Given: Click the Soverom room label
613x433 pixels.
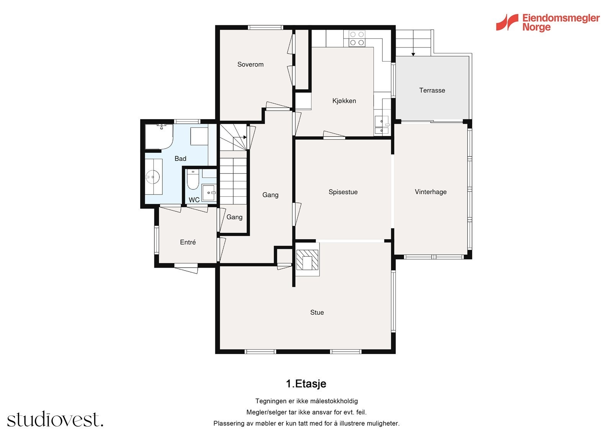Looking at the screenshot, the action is (x=251, y=64).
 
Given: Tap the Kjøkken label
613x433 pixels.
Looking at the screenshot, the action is (x=344, y=101).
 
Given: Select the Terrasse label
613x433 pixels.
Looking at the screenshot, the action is (x=432, y=90).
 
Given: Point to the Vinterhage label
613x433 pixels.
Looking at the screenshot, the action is (x=431, y=192).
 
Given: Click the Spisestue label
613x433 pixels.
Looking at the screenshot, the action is (x=343, y=192).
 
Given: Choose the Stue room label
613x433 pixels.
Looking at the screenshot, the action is (x=317, y=312).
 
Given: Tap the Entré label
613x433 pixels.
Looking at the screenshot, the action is (x=188, y=242).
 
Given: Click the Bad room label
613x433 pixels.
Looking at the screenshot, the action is (x=180, y=158).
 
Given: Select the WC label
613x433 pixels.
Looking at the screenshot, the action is (x=194, y=200).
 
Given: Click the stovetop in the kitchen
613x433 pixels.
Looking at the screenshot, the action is (x=357, y=39).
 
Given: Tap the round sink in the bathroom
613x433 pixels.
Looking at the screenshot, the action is (x=152, y=177).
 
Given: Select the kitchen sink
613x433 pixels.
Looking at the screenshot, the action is (x=382, y=125).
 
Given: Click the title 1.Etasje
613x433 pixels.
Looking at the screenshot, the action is (x=306, y=384).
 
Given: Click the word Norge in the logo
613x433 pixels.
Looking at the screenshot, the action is (x=536, y=28).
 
